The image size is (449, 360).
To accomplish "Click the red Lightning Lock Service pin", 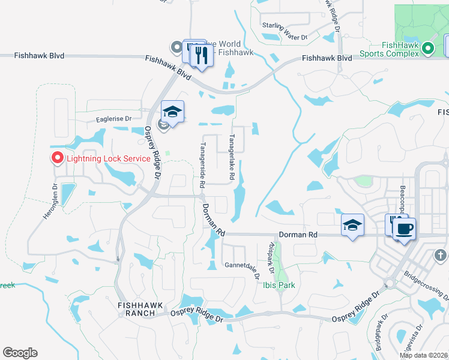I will pyautogui.click(x=58, y=158).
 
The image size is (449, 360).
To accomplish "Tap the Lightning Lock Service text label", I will pyautogui.click(x=107, y=158).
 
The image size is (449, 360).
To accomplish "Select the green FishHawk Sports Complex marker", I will pyautogui.click(x=427, y=48).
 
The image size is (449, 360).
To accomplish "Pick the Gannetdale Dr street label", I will pyautogui.click(x=241, y=265).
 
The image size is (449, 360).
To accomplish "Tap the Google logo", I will pyautogui.click(x=20, y=353).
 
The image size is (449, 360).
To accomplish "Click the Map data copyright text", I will pyautogui.click(x=423, y=355).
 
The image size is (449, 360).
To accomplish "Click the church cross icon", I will pyautogui.click(x=440, y=256).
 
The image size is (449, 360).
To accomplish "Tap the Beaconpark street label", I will pyautogui.click(x=403, y=199).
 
